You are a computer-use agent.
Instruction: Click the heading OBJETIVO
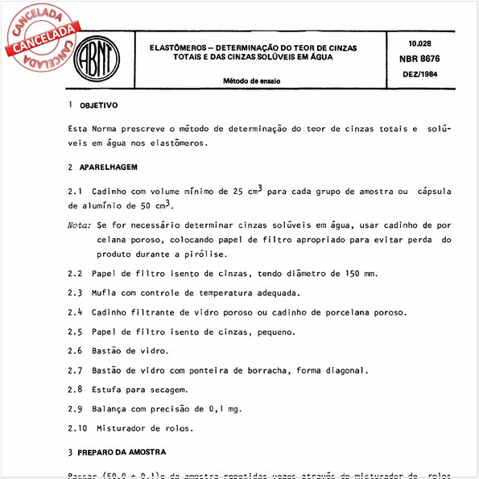click(98, 105)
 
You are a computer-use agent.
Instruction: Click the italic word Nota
click(80, 228)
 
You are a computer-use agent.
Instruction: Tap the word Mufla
click(108, 293)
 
